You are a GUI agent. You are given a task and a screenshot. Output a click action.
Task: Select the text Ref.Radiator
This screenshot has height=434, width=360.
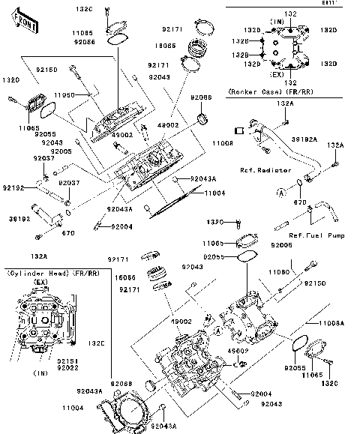[266, 170]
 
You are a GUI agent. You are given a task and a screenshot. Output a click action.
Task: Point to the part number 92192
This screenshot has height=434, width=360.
[13, 187]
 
